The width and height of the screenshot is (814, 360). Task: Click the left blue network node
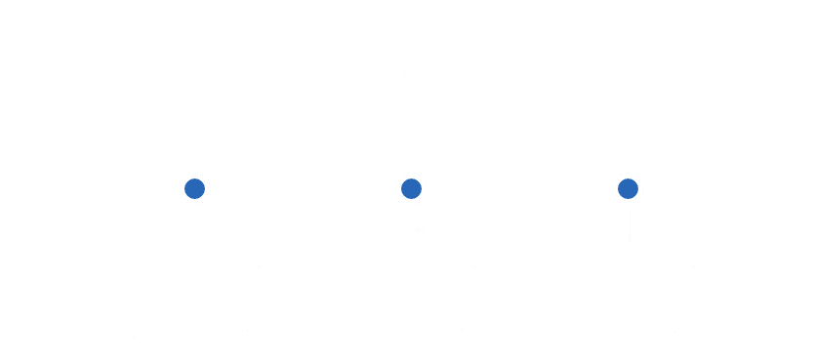click(195, 187)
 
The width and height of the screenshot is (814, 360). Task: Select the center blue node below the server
click(411, 187)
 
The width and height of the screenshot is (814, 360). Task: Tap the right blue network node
click(628, 187)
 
